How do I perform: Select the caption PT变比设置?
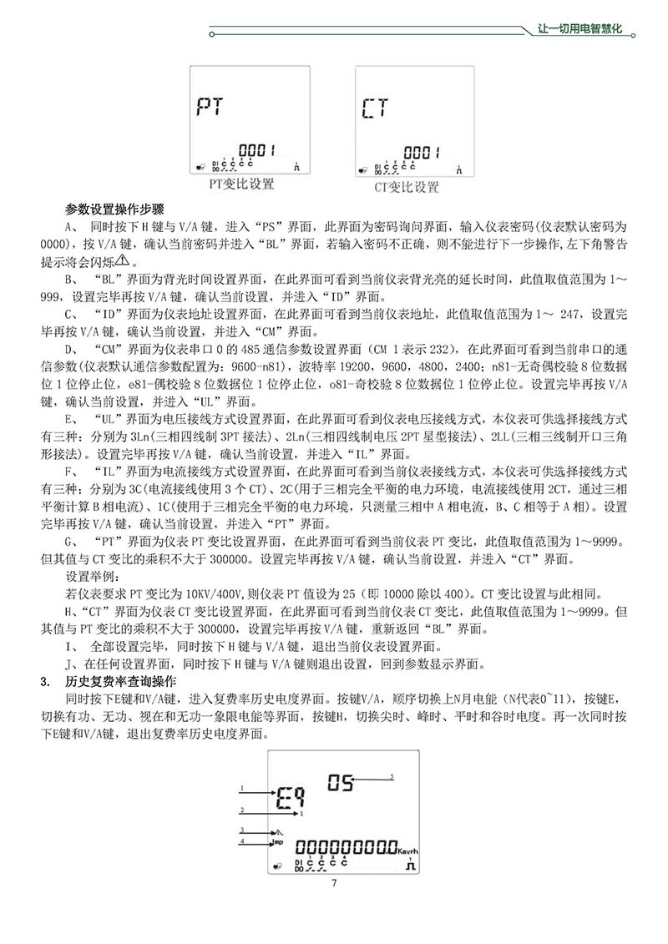coord(241,183)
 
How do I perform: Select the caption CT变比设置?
coord(406,187)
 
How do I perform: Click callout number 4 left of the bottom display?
coord(242,841)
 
